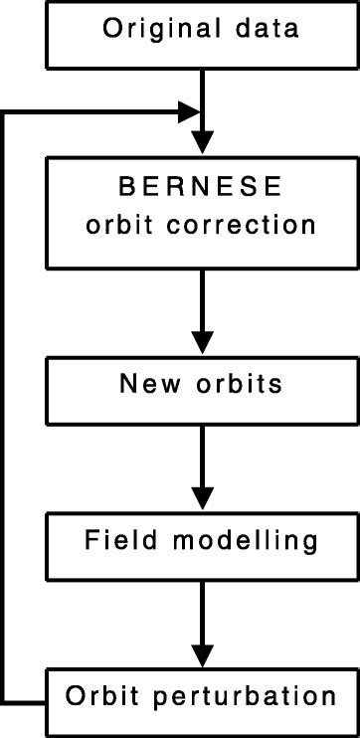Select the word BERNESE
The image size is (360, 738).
pos(202,186)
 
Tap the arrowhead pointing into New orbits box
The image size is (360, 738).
pos(202,342)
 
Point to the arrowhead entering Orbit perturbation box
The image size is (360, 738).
pos(202,657)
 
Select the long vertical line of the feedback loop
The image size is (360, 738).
pos(7,398)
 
